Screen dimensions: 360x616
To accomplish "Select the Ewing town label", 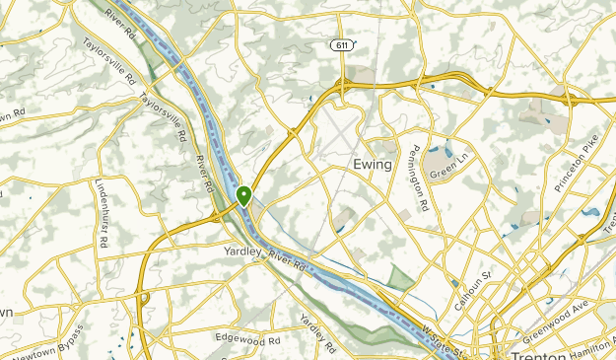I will (373, 165).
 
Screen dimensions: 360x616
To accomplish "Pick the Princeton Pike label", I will (577, 163).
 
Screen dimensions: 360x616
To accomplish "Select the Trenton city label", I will (536, 352).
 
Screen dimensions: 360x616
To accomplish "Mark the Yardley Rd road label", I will (316, 335).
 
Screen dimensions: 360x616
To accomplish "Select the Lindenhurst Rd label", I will (100, 212).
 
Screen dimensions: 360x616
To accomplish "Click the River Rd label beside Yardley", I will (288, 260).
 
